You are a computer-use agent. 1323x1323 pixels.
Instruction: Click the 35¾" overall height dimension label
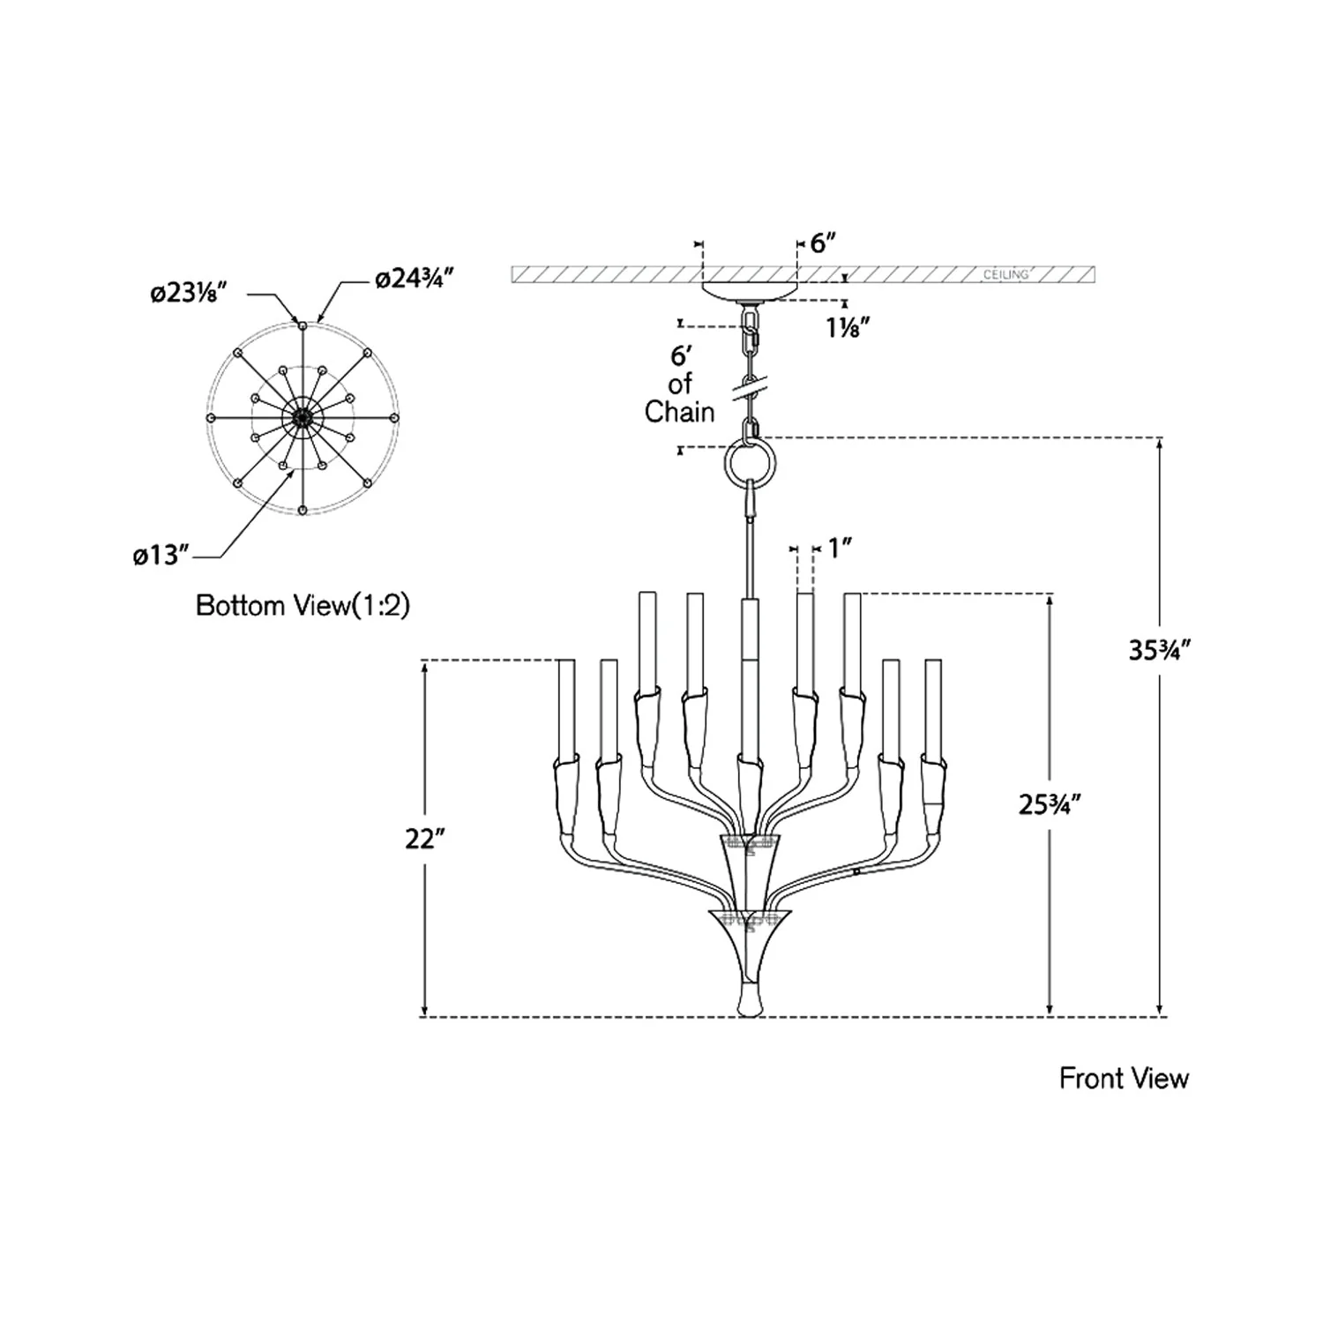tap(1161, 650)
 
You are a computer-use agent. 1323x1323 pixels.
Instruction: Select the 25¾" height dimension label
tap(1050, 804)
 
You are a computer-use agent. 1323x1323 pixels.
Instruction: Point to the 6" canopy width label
tap(823, 243)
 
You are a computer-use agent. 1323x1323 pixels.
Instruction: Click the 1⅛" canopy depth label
tap(848, 327)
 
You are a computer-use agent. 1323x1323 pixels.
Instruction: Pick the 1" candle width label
tap(839, 549)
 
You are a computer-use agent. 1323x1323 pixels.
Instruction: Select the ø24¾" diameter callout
tap(414, 280)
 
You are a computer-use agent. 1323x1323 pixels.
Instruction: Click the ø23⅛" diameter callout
tap(190, 292)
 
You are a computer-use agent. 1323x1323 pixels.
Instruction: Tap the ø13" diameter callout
tap(161, 557)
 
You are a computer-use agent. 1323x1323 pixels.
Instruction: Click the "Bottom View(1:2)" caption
tap(303, 606)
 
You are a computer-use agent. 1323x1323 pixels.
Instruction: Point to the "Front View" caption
tap(1124, 1079)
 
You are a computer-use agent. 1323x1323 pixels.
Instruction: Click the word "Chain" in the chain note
tap(679, 412)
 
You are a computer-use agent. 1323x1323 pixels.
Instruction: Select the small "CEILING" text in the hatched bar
tap(1006, 275)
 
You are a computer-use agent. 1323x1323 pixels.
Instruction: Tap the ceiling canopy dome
tap(749, 292)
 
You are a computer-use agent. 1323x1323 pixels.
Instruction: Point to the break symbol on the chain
tap(750, 385)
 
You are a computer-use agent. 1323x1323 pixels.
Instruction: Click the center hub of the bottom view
tap(303, 417)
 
